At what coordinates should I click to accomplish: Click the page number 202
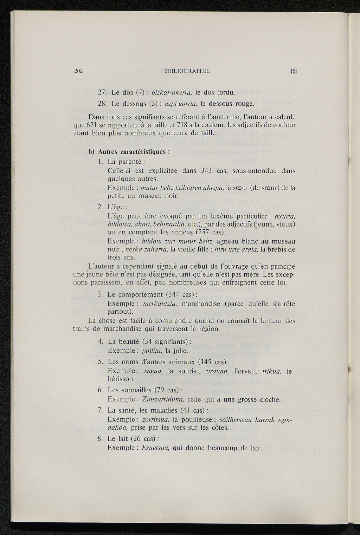coord(78,71)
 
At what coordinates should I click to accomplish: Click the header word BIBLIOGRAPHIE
coord(187,71)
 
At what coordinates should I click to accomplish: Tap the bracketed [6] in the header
coord(294,71)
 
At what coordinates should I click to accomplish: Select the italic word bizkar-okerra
coord(171,93)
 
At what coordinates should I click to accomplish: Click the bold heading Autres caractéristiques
coord(132,152)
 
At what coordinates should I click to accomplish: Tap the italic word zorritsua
coord(156,419)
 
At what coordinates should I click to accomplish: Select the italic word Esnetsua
coord(156,448)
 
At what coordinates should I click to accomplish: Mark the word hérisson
coord(121,379)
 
